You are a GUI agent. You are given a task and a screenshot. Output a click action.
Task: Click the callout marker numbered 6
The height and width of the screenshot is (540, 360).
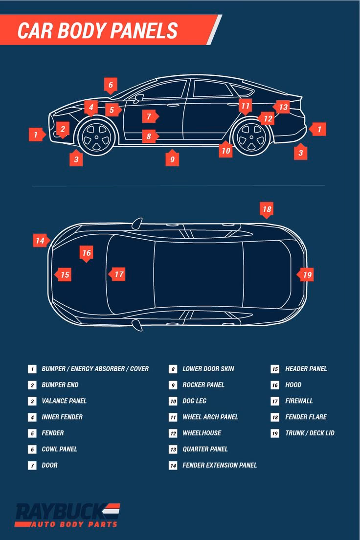(111, 85)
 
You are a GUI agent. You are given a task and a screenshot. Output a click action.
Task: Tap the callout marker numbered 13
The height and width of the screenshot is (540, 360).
(282, 107)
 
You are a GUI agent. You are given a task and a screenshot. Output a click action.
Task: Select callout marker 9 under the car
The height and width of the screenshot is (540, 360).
(172, 158)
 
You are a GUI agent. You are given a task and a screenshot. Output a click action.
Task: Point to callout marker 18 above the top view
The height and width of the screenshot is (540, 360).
(267, 210)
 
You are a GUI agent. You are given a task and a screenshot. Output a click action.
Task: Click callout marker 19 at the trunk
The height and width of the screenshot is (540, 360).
(306, 274)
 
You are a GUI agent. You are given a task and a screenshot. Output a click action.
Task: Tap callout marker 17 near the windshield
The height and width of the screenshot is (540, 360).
(117, 274)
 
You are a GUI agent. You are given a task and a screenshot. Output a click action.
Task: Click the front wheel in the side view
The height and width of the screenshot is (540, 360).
(96, 137)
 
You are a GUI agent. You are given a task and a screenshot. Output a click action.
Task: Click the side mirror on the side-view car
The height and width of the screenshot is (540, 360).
(138, 98)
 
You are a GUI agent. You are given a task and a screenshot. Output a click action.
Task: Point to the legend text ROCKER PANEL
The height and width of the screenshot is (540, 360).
(203, 384)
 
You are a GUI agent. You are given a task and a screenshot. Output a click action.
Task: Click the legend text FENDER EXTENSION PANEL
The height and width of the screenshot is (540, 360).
(220, 465)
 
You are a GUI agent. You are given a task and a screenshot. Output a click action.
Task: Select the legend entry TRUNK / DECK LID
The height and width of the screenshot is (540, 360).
(310, 433)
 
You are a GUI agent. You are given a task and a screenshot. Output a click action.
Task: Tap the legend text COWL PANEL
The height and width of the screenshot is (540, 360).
(59, 449)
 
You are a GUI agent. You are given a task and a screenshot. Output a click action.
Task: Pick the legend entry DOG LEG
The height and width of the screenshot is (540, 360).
(194, 401)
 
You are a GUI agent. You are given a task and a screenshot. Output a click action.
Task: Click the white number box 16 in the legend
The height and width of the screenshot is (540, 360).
(275, 385)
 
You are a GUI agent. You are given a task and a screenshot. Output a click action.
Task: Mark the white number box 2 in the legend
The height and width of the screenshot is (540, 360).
(32, 385)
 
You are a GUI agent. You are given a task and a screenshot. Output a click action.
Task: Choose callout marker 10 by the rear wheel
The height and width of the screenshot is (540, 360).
(225, 150)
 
